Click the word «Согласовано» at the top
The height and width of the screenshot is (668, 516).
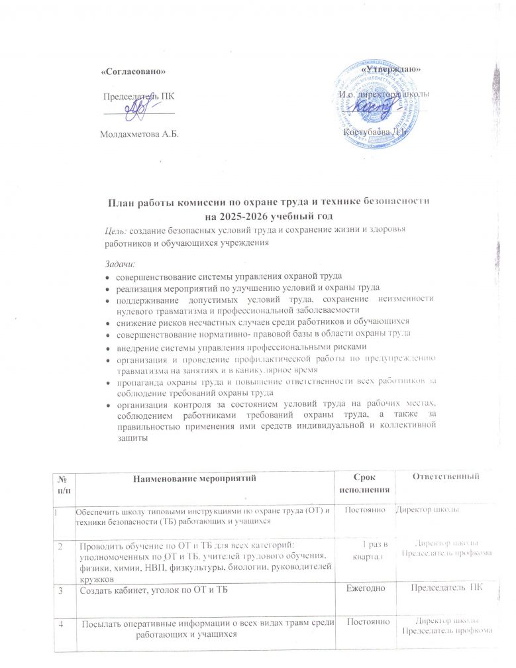pos(132,70)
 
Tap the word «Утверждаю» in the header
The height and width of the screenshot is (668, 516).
pos(391,68)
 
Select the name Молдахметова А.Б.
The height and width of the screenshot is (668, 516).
pos(139,135)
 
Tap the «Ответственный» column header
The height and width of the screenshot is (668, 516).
pos(444,476)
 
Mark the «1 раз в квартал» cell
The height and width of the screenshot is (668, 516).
pos(368,550)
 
